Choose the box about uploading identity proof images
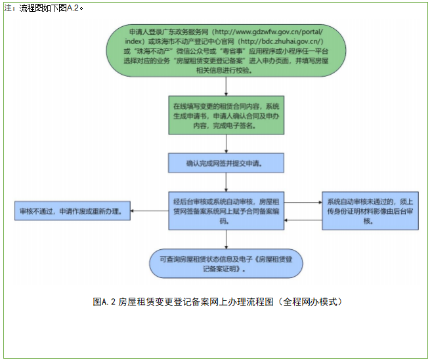tap(370, 211)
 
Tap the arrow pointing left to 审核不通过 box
tap(148, 211)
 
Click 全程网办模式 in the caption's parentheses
tap(311, 302)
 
